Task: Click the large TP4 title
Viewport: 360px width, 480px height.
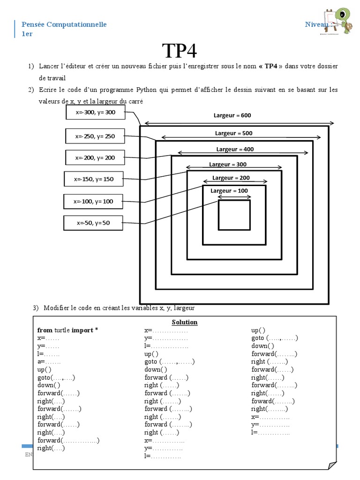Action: pyautogui.click(x=180, y=51)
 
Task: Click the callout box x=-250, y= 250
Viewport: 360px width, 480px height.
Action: pyautogui.click(x=95, y=136)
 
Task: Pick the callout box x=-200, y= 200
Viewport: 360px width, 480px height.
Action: pyautogui.click(x=95, y=157)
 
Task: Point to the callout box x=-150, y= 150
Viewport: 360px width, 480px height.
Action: pyautogui.click(x=94, y=179)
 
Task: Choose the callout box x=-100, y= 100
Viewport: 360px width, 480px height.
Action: pyautogui.click(x=93, y=201)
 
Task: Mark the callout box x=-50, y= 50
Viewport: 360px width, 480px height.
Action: pyautogui.click(x=93, y=223)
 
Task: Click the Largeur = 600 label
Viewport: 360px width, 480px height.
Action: pyautogui.click(x=232, y=115)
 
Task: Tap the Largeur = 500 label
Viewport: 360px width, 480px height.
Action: pyautogui.click(x=233, y=133)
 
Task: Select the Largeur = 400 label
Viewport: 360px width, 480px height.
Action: pyautogui.click(x=235, y=149)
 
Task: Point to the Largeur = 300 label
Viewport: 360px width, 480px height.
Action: pyautogui.click(x=228, y=165)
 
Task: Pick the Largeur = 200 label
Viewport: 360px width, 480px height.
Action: pyautogui.click(x=231, y=178)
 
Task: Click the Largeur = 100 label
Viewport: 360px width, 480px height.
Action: pyautogui.click(x=229, y=191)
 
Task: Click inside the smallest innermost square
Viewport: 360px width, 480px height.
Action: pyautogui.click(x=234, y=215)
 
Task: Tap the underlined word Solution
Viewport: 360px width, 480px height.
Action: pyautogui.click(x=185, y=322)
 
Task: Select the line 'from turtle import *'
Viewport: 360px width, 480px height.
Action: pyautogui.click(x=67, y=330)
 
